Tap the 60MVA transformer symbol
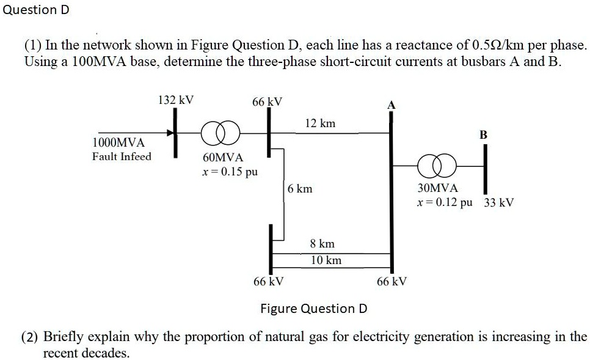[222, 132]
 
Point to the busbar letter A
[392, 106]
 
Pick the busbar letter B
[483, 134]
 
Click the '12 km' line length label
[320, 123]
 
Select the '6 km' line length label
[300, 189]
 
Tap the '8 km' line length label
[322, 243]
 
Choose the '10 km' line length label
[326, 260]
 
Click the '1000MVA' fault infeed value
[118, 142]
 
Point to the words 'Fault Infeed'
[122, 156]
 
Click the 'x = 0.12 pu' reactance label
[444, 202]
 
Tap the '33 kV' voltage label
[499, 202]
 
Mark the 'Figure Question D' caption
[313, 308]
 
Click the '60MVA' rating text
[223, 158]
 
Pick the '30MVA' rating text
[437, 189]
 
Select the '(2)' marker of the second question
[31, 337]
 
